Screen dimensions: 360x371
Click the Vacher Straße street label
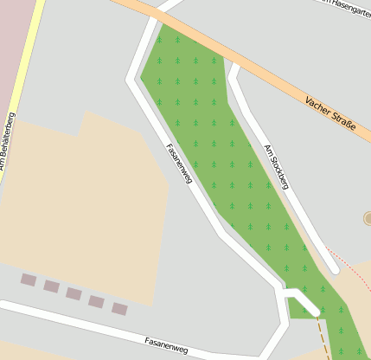pos(330,115)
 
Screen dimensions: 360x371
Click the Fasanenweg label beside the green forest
pos(179,162)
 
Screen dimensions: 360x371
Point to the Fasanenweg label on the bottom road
pos(166,344)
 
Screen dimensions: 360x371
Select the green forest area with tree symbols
pos(216,147)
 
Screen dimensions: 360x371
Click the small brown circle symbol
pos(368,218)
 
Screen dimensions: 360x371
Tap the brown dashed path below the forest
pos(323,337)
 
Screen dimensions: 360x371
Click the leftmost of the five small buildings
pos(29,280)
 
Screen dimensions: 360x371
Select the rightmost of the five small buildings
pos(119,308)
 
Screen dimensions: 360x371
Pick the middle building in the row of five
pos(74,293)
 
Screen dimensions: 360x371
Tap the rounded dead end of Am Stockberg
pos(331,267)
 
